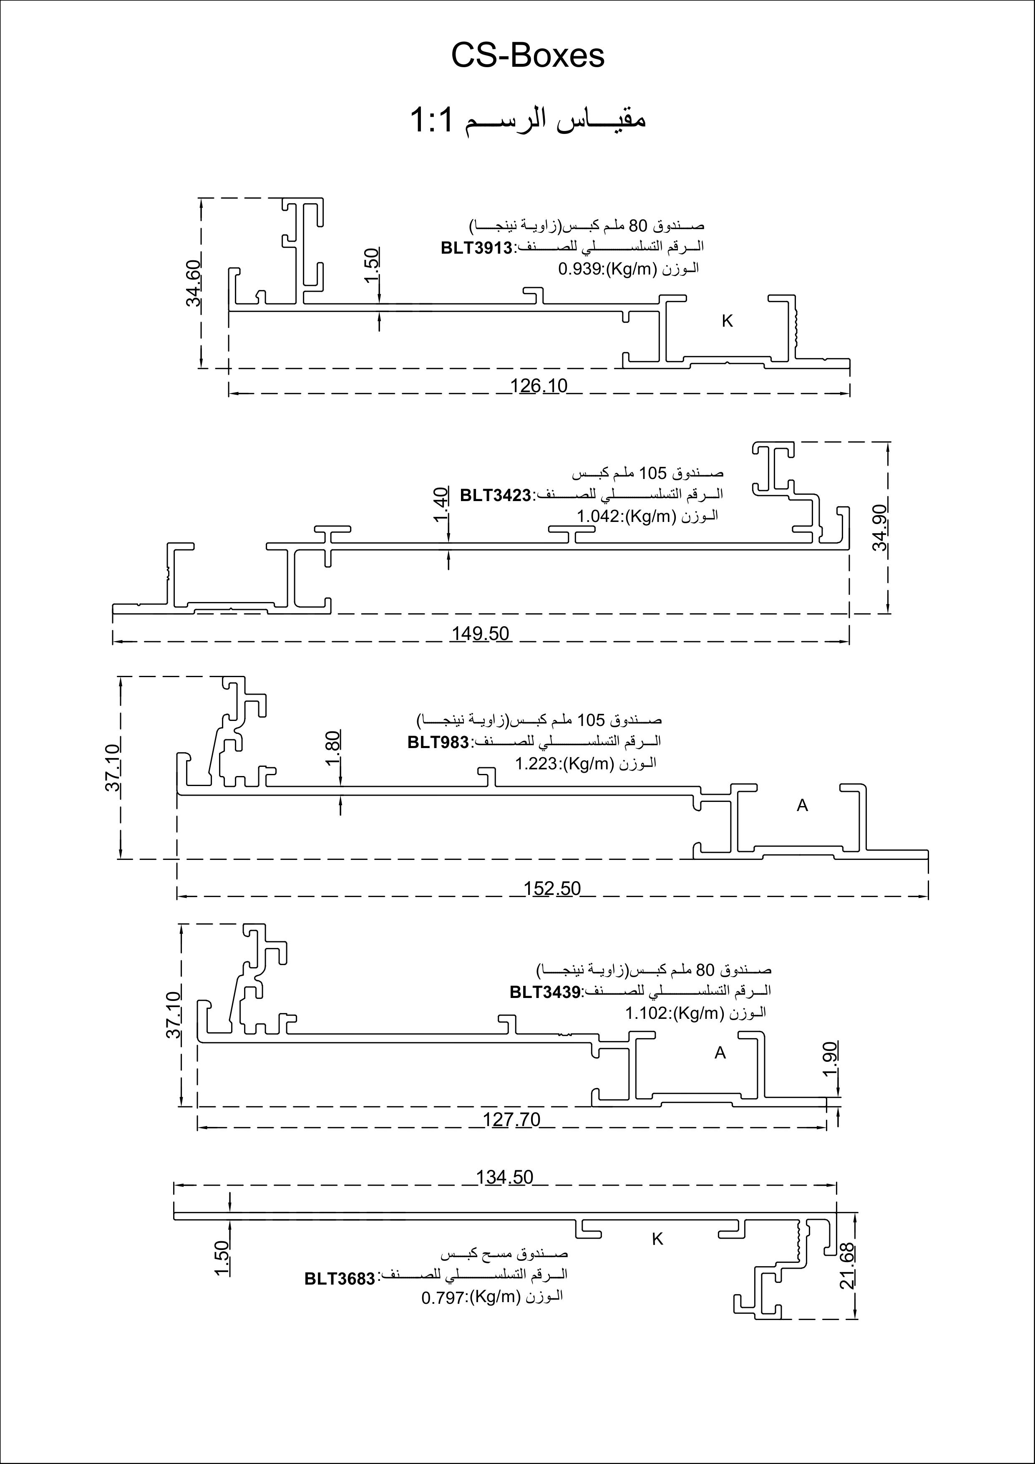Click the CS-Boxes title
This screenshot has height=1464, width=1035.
click(x=527, y=56)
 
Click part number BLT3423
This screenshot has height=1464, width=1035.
click(x=496, y=495)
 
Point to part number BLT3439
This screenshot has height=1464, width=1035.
click(x=544, y=992)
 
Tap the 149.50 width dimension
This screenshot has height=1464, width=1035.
click(x=481, y=633)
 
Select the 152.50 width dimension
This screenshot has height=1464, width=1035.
click(x=552, y=888)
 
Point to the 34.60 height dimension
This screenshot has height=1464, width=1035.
click(x=194, y=282)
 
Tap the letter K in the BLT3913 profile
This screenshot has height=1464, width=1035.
click(x=727, y=321)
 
